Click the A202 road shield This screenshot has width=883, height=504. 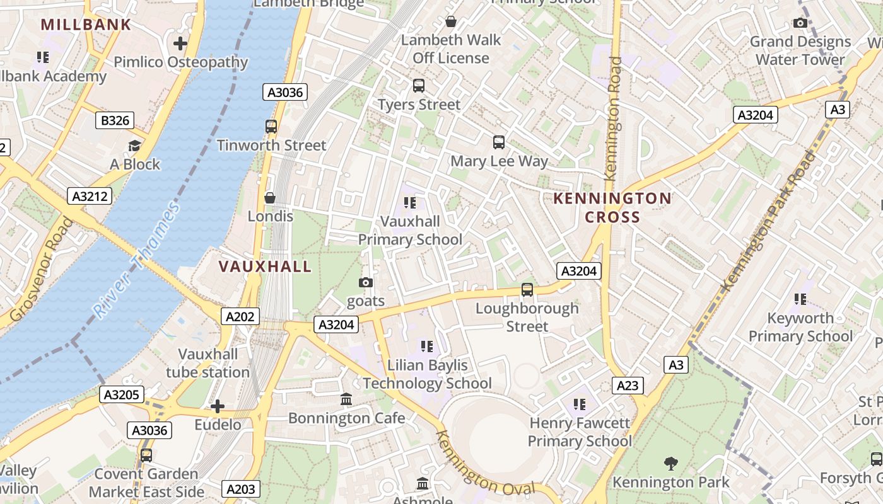(240, 316)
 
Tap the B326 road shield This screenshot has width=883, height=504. (115, 120)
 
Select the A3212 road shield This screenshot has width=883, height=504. (90, 196)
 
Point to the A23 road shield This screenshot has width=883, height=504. (628, 386)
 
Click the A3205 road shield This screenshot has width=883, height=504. (122, 395)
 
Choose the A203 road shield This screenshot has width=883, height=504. (241, 489)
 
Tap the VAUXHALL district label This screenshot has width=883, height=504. (265, 266)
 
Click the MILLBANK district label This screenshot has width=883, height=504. (86, 25)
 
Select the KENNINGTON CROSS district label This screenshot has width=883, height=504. (612, 208)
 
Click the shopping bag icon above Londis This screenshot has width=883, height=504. (270, 198)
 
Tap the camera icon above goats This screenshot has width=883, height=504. (366, 283)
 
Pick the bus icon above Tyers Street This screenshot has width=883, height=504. (418, 86)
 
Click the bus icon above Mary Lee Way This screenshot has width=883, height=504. (499, 142)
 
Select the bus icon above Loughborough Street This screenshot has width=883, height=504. (527, 290)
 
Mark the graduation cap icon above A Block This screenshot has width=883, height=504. (134, 146)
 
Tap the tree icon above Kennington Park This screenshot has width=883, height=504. (671, 464)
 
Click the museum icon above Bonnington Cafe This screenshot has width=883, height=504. (346, 399)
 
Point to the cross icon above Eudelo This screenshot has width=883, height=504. (218, 406)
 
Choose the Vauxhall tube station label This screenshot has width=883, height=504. (208, 363)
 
